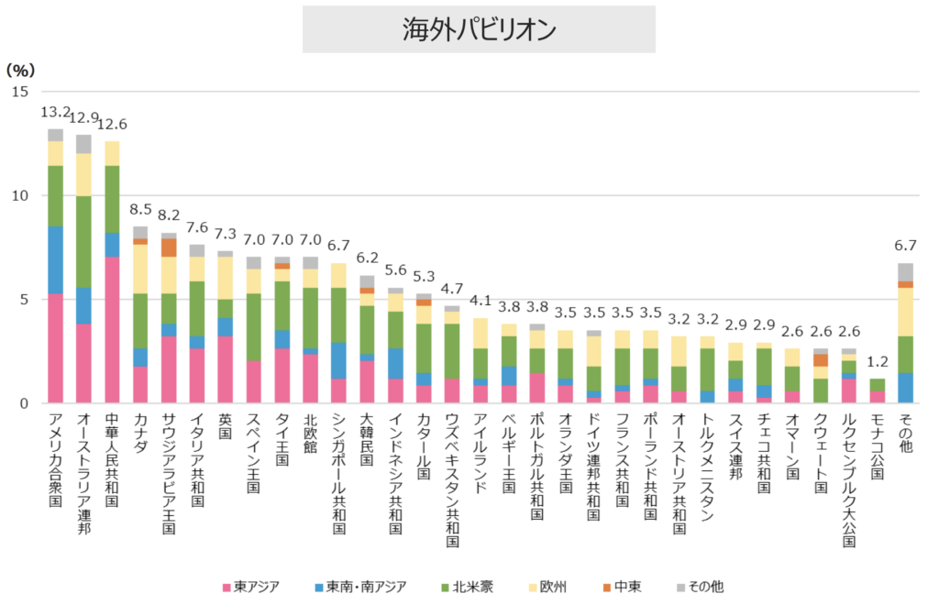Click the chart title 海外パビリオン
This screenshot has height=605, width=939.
click(479, 29)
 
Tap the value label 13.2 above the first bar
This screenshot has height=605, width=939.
click(56, 112)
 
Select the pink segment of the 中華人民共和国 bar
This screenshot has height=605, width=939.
click(112, 330)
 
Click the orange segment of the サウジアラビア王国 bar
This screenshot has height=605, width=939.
click(169, 247)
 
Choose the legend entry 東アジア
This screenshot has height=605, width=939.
click(249, 586)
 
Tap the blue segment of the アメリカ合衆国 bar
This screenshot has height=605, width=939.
click(56, 259)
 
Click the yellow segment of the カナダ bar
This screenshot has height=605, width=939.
click(140, 269)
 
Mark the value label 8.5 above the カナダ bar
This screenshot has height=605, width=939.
click(140, 209)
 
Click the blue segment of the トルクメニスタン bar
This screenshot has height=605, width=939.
click(708, 397)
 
